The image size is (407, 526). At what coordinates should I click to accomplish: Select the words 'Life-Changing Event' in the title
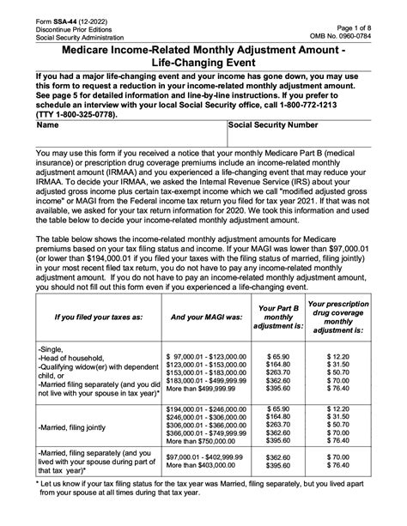[x=203, y=64]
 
